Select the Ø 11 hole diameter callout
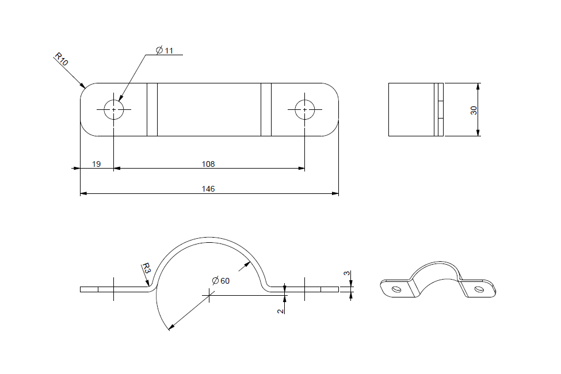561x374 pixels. click(x=165, y=51)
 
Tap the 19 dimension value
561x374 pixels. click(x=96, y=164)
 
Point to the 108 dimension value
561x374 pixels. click(x=208, y=164)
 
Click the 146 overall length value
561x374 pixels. click(x=208, y=189)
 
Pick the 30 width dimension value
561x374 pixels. click(x=474, y=110)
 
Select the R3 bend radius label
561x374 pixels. click(x=147, y=269)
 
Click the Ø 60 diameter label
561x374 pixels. click(x=220, y=281)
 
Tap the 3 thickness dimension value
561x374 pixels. click(x=346, y=274)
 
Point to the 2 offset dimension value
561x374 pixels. click(x=280, y=311)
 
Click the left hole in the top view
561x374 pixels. click(x=114, y=109)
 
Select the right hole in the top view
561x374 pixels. click(x=305, y=109)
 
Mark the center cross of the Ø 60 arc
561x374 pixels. click(x=209, y=295)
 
